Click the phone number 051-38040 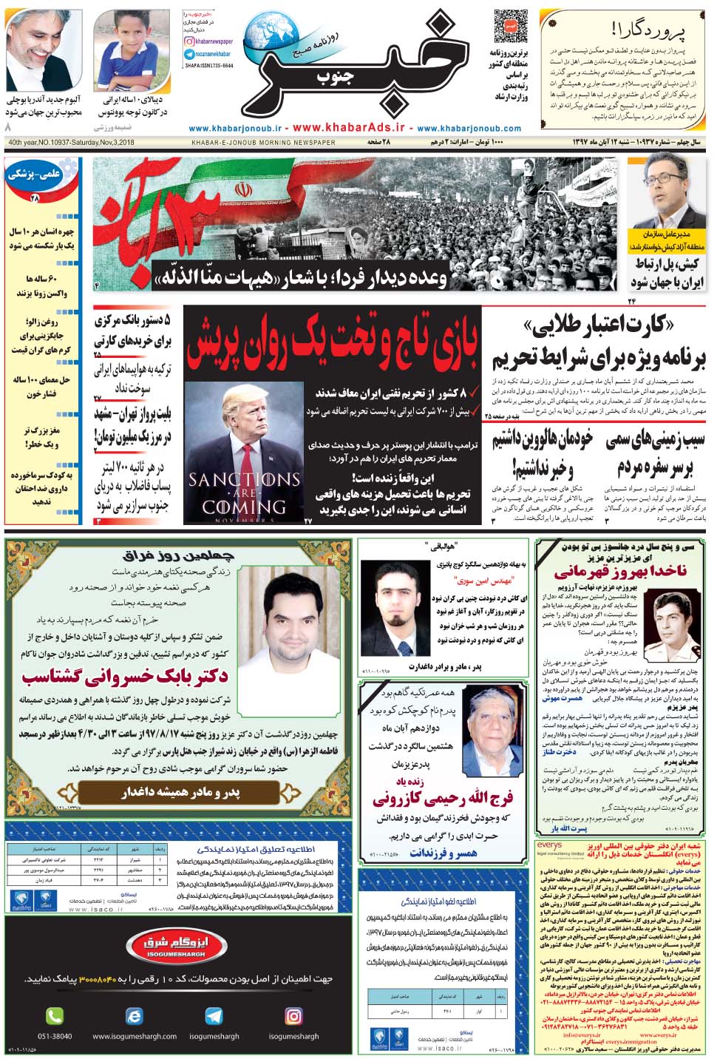[x=55, y=1036]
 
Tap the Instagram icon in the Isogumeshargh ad [x=293, y=1015]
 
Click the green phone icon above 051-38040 [x=55, y=1015]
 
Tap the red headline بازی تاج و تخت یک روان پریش [x=332, y=344]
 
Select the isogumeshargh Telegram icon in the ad [x=214, y=1015]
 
